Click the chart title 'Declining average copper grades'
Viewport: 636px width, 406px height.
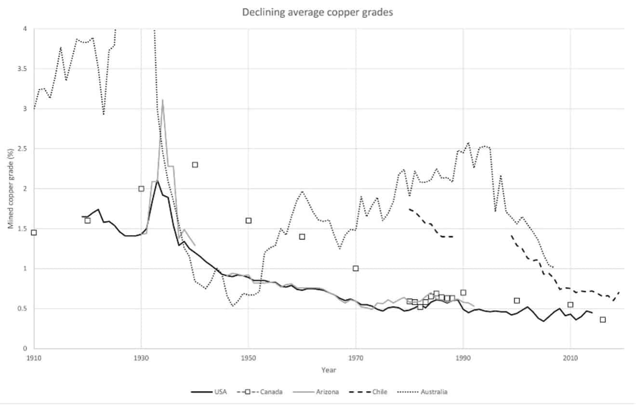318,13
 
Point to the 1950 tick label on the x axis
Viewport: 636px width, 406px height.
248,358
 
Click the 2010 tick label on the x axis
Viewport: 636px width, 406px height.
570,358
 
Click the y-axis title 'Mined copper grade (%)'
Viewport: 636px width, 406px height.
10,189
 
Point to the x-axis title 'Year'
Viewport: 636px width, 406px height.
329,370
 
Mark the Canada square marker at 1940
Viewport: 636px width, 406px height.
195,165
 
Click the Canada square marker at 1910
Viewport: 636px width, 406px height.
34,233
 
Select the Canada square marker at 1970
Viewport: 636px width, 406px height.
356,268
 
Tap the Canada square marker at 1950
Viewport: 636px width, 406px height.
249,221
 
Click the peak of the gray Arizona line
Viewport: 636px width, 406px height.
163,100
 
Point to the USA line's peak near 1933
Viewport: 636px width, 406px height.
158,180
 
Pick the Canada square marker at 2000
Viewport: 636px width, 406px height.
517,301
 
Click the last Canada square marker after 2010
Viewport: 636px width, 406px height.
603,320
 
